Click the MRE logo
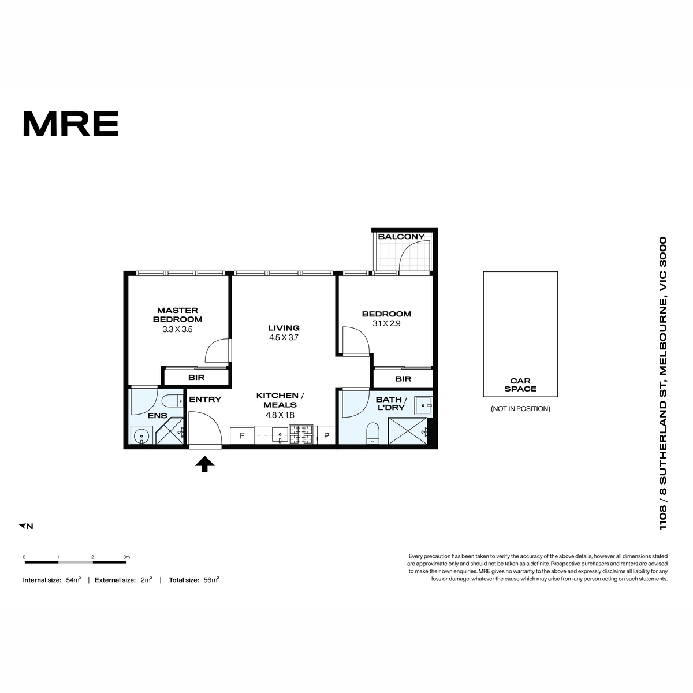tap(70, 124)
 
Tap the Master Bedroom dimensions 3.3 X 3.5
tap(177, 329)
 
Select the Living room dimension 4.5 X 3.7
tap(284, 337)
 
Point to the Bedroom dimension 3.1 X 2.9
tap(386, 323)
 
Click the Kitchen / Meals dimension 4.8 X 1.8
tap(280, 415)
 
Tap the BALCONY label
tap(401, 236)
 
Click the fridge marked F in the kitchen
tap(242, 436)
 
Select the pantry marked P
tap(326, 436)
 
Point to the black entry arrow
tap(204, 464)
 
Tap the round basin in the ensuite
tap(141, 436)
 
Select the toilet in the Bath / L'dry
tap(372, 433)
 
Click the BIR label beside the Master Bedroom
tap(196, 377)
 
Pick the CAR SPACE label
tap(520, 385)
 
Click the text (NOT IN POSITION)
tap(520, 409)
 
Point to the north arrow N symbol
tap(26, 526)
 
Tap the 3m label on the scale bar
tap(126, 557)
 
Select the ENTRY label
tap(205, 399)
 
